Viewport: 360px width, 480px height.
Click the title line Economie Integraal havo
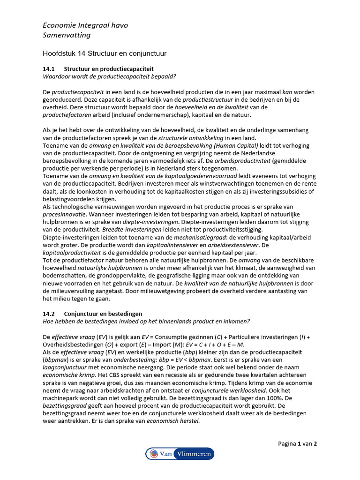click(x=85, y=25)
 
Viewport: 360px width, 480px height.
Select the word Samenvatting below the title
click(x=67, y=35)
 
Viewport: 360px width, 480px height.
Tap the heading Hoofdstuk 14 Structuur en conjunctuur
click(x=105, y=53)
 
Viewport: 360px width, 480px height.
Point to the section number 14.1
click(x=49, y=68)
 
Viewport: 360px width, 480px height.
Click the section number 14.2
click(x=49, y=314)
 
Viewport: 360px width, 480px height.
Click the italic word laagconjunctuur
click(x=64, y=367)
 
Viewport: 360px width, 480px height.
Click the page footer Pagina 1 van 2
click(x=298, y=443)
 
